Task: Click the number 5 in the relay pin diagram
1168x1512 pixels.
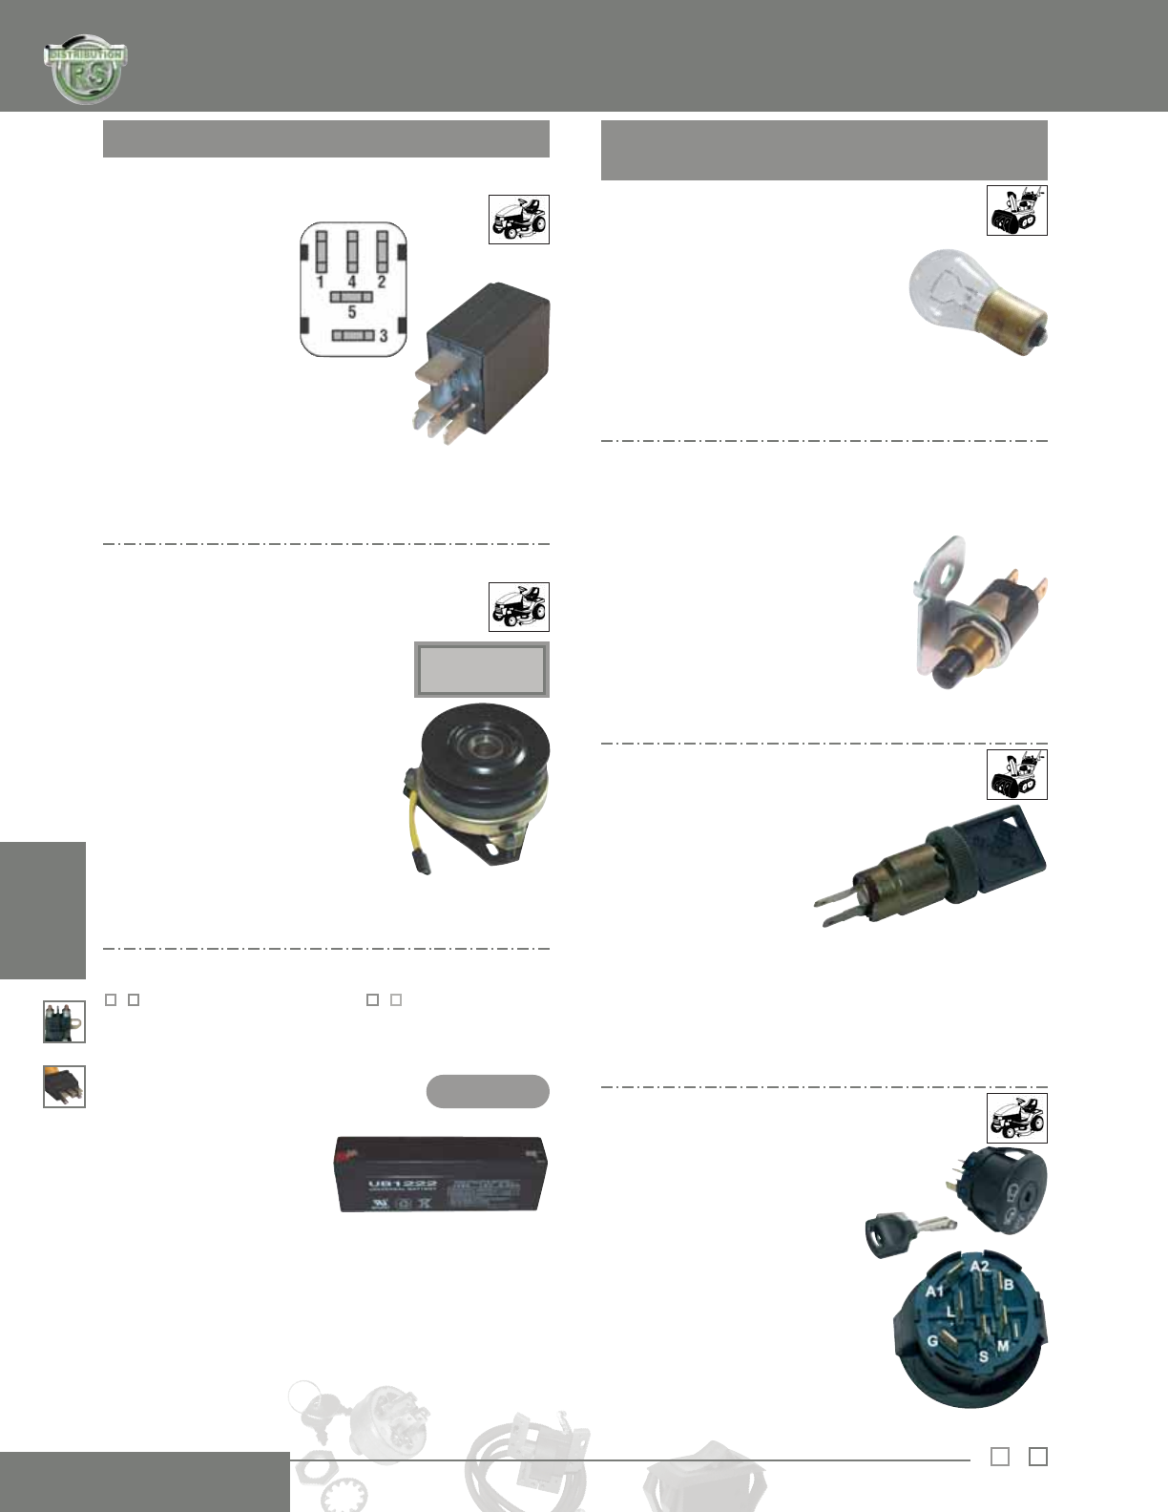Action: click(352, 312)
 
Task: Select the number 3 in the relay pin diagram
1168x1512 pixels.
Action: click(384, 335)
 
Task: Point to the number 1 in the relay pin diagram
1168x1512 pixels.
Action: click(320, 282)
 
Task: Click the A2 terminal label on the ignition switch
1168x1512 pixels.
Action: click(980, 1267)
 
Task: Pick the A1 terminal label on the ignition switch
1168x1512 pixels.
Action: click(935, 1291)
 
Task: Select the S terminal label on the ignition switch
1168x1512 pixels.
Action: click(983, 1356)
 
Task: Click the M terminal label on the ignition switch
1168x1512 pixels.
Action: click(1003, 1346)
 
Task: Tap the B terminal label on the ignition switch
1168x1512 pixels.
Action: click(1009, 1285)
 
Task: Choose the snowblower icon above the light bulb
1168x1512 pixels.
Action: click(1016, 210)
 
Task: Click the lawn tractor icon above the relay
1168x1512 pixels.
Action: click(518, 220)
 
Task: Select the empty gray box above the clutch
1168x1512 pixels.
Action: click(482, 669)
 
